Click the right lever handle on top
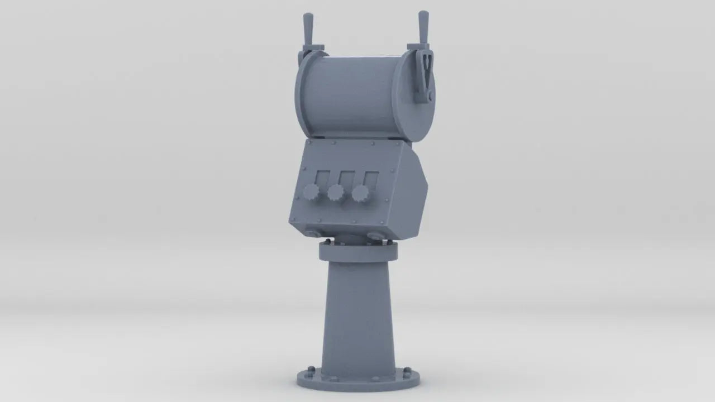(423, 26)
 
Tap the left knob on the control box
(311, 193)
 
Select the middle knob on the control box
(335, 193)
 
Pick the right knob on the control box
(360, 194)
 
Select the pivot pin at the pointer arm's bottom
(430, 98)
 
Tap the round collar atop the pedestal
(358, 252)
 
